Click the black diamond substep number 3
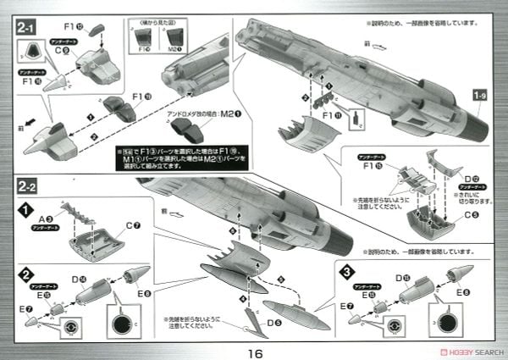[348, 272]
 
